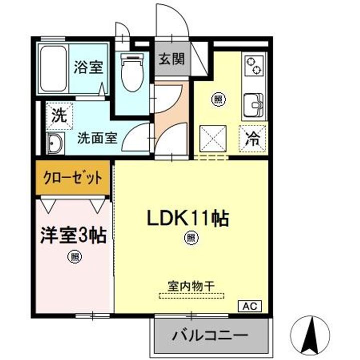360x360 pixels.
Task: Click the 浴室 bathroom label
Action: coord(88,67)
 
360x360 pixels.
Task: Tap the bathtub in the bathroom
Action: coord(53,68)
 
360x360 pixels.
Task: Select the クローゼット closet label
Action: coord(73,178)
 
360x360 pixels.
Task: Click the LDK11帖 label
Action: coord(187,217)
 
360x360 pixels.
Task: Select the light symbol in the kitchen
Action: coord(218,98)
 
